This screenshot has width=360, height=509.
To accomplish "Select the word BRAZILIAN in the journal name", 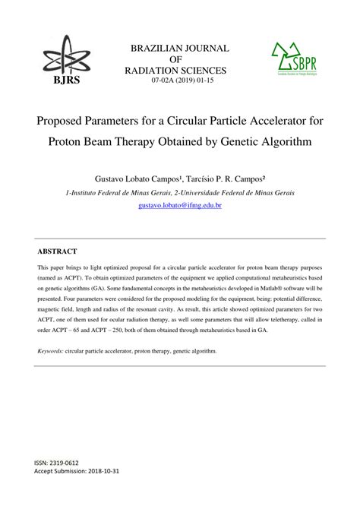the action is [x=156, y=49].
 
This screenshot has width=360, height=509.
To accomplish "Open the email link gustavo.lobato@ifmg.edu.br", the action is [x=179, y=205].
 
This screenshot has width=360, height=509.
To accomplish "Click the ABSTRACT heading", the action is [x=57, y=250].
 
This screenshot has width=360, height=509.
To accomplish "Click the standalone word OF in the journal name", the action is [x=180, y=59].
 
